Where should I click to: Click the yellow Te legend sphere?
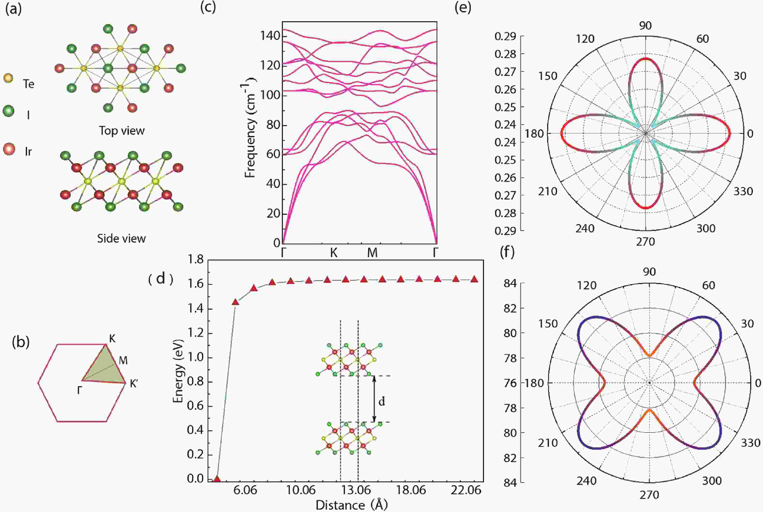8,78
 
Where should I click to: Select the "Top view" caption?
122,131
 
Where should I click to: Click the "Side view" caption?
121,239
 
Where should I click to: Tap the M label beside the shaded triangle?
123,361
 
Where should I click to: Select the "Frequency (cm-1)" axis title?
250,127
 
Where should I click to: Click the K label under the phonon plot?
333,253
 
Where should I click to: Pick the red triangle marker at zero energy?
217,479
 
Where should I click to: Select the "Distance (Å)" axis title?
351,505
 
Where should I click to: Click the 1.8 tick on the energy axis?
195,260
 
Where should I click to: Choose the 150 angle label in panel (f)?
548,323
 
